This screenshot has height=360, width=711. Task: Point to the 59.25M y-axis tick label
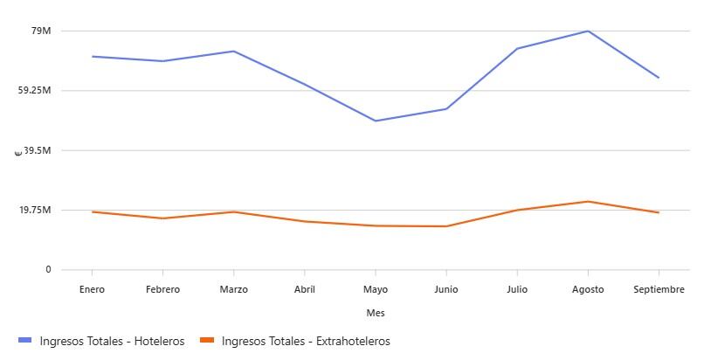point(36,90)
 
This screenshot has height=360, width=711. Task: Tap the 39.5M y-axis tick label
point(38,150)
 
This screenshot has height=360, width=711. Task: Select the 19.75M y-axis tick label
point(36,210)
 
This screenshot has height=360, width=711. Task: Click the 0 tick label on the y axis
point(48,269)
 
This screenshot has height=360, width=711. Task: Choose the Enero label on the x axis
point(92,289)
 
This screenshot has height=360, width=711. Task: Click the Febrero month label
point(162,289)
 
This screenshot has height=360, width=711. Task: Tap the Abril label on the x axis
point(304,289)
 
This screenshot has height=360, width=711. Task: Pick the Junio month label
point(445,289)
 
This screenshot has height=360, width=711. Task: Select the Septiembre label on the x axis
point(659,289)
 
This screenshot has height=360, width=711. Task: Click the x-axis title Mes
point(376,313)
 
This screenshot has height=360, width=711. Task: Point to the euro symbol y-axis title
point(18,153)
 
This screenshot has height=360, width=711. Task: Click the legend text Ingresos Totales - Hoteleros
point(112,341)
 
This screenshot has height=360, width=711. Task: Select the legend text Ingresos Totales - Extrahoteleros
point(306,341)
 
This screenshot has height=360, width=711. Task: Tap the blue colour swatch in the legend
point(24,341)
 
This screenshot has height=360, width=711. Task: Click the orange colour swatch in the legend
point(206,341)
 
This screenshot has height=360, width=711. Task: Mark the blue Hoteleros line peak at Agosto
point(588,31)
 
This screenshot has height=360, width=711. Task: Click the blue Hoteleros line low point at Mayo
point(376,121)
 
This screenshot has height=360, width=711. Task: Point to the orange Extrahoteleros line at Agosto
point(588,202)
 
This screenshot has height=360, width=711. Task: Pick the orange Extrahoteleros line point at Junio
point(446,226)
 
